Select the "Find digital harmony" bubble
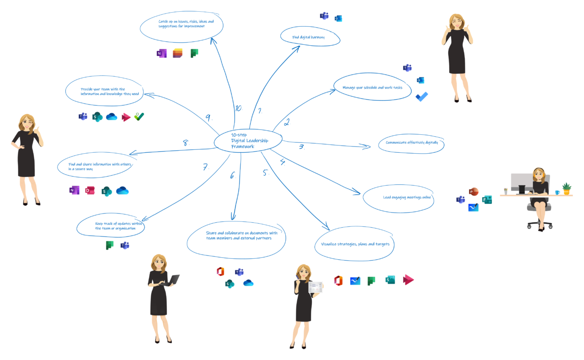click(x=310, y=37)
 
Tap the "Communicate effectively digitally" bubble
click(x=411, y=143)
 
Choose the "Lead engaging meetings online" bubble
click(x=398, y=198)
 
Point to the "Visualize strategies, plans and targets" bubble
click(x=354, y=244)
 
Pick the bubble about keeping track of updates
click(x=111, y=226)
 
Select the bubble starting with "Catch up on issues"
click(x=181, y=24)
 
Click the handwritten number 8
click(x=185, y=143)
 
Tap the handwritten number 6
click(x=232, y=175)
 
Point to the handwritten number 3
click(x=301, y=146)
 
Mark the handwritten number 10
click(x=238, y=108)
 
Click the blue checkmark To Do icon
click(x=421, y=96)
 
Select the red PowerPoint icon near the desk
click(x=473, y=192)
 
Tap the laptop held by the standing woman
click(x=173, y=280)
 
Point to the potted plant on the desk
click(x=566, y=188)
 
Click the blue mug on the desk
click(x=557, y=192)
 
